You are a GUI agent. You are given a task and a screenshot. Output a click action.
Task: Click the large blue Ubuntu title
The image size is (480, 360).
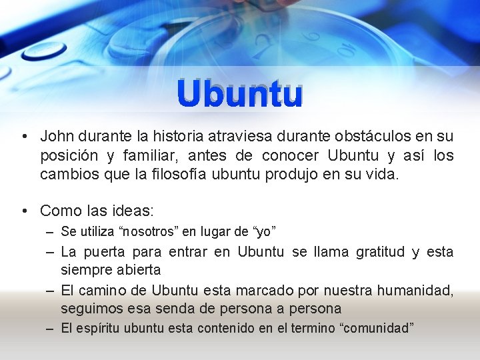tap(240, 95)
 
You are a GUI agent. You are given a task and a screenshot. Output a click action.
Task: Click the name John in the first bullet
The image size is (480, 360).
tap(57, 137)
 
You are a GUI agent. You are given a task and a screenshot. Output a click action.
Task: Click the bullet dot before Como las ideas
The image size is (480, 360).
tap(23, 211)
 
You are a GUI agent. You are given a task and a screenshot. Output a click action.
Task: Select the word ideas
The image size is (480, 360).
tap(134, 211)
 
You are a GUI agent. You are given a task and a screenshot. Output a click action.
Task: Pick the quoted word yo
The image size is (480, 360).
tap(263, 232)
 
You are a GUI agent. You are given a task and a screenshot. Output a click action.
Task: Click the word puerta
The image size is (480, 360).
tap(107, 252)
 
